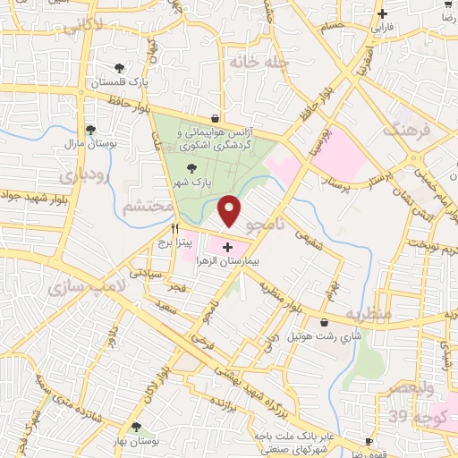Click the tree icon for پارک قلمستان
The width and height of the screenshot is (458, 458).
[120, 69]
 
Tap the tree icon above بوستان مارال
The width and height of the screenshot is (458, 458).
[89, 130]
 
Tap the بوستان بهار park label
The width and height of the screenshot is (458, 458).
[135, 442]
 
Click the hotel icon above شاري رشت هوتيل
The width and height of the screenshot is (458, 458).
[323, 322]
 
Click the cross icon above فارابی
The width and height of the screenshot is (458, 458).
[382, 13]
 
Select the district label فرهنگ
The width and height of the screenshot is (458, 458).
[406, 130]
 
